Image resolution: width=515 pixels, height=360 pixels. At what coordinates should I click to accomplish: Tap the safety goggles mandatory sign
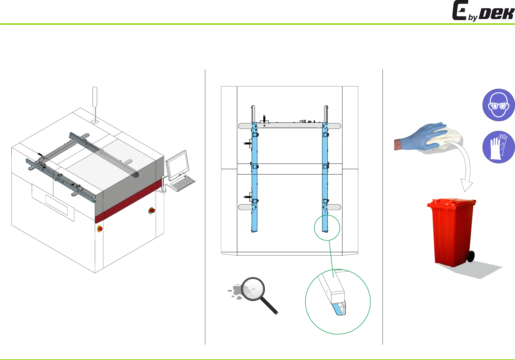tap(498, 105)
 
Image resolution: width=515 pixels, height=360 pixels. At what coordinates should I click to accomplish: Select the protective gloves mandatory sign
tap(498, 147)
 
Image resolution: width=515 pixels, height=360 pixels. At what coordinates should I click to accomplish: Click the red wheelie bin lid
tap(452, 204)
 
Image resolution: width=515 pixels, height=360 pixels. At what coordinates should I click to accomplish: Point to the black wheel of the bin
tap(471, 256)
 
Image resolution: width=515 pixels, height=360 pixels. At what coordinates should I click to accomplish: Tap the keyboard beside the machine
tap(183, 183)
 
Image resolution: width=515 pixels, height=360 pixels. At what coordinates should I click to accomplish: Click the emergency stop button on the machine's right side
tap(152, 210)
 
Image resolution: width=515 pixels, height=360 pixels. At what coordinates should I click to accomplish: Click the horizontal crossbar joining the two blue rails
tap(289, 125)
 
